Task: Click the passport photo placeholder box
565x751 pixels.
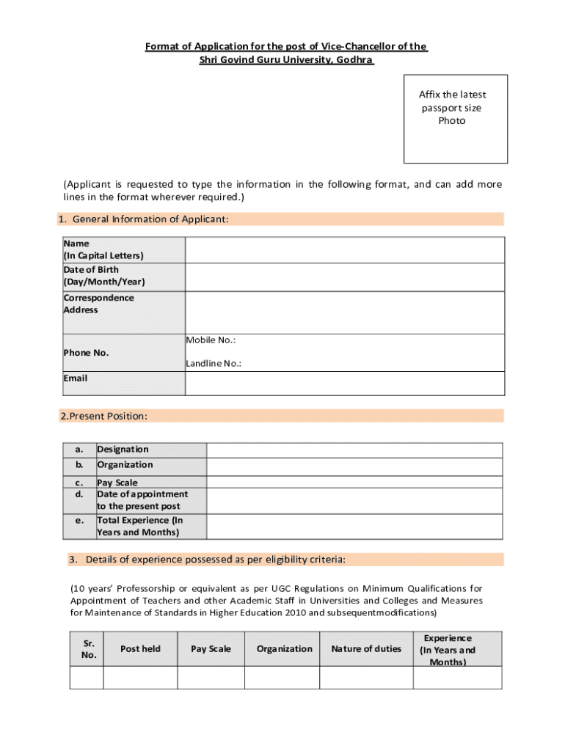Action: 455,119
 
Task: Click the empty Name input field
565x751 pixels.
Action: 344,250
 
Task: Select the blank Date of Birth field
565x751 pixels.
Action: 344,276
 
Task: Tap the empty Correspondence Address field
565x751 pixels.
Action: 344,312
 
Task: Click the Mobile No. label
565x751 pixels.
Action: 211,340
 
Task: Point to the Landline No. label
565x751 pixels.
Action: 214,364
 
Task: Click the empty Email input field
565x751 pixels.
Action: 344,383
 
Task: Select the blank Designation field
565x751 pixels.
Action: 354,450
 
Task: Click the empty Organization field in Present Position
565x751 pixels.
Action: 354,466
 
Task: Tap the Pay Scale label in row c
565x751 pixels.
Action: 117,483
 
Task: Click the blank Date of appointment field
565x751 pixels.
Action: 354,500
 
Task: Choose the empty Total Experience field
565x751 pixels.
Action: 354,527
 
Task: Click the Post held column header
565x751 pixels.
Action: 140,649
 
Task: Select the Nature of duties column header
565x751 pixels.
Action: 366,649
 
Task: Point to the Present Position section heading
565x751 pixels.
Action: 104,417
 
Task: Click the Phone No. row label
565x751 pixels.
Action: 86,353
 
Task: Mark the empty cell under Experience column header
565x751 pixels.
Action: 457,678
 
